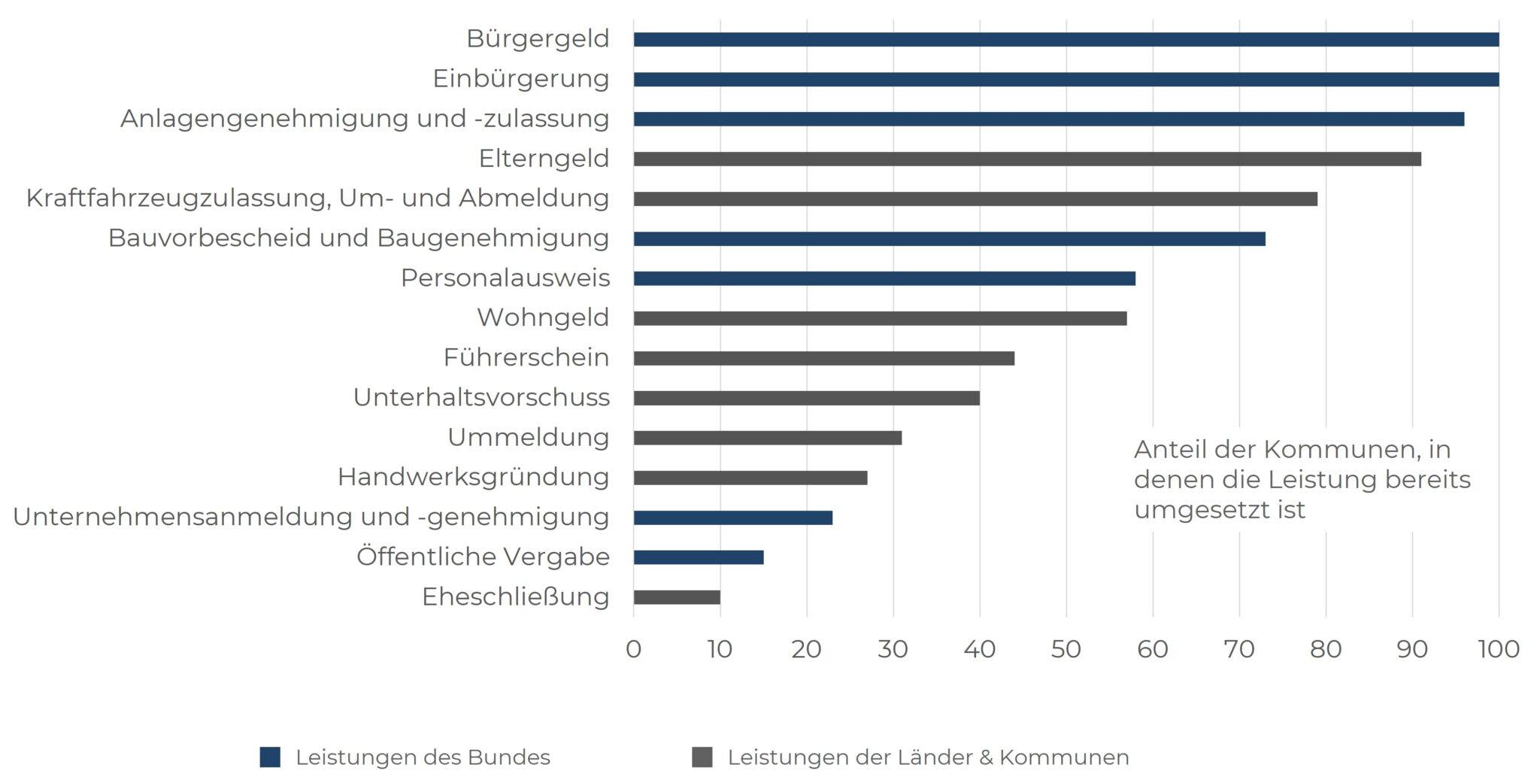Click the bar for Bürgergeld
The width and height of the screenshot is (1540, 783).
pos(1066,40)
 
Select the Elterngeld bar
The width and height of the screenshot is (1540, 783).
pos(1026,159)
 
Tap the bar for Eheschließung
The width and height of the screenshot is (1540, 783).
pos(677,597)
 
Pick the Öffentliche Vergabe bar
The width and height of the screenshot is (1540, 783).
pos(698,557)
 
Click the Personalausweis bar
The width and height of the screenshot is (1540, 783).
pos(884,278)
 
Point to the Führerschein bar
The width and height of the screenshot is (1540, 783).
pos(823,358)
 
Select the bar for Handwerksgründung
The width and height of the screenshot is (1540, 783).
pos(750,478)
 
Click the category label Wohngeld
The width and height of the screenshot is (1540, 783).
pos(543,317)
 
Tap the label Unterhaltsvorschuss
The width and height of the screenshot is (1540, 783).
pos(481,397)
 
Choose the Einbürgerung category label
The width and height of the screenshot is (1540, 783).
pos(520,79)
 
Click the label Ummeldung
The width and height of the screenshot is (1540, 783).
pos(528,437)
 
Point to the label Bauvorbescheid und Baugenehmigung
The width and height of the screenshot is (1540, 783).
pos(359,238)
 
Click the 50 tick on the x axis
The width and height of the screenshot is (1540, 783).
pos(1066,649)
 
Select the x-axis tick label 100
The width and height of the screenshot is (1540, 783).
pos(1498,649)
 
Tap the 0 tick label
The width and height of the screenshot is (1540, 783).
pos(633,649)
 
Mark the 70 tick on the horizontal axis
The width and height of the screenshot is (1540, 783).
pos(1238,649)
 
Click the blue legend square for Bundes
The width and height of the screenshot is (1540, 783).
pos(270,757)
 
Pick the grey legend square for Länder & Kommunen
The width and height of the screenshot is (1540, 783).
pos(702,757)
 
